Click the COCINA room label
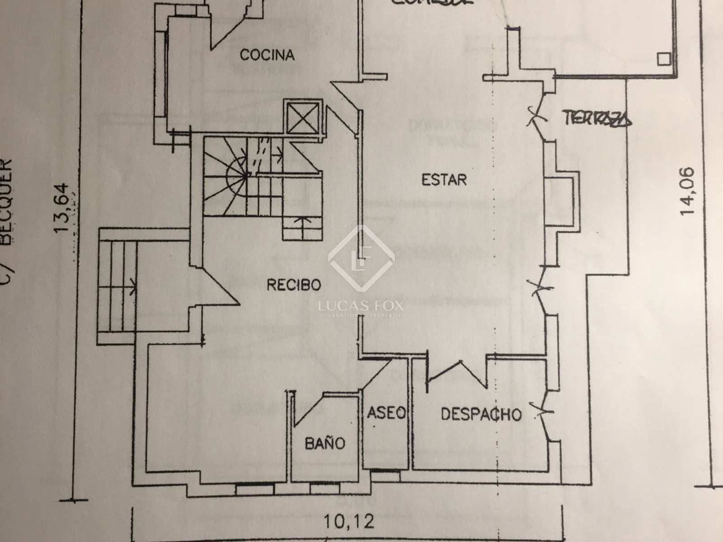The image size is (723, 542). pyautogui.click(x=267, y=55)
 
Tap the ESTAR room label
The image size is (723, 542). pyautogui.click(x=444, y=180)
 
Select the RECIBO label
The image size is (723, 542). pyautogui.click(x=294, y=285)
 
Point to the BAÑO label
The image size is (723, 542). pyautogui.click(x=324, y=443)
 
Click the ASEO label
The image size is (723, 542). pyautogui.click(x=386, y=412)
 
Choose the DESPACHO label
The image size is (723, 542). pyautogui.click(x=481, y=414)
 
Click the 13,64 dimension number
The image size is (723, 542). pyautogui.click(x=61, y=208)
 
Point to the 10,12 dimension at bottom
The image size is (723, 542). pyautogui.click(x=349, y=522)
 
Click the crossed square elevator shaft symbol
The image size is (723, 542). pyautogui.click(x=303, y=117)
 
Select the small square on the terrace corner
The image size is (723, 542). pyautogui.click(x=663, y=59)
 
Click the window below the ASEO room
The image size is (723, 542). pyautogui.click(x=385, y=472)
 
